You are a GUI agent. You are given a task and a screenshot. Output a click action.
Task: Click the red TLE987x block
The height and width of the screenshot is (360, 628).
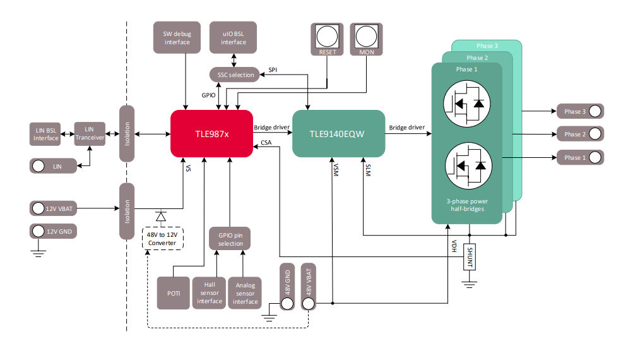tap(211, 133)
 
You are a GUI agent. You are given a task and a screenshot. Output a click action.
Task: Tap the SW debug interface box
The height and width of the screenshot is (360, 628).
tap(177, 37)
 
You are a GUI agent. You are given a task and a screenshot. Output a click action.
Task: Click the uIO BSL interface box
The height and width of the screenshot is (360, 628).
tap(234, 37)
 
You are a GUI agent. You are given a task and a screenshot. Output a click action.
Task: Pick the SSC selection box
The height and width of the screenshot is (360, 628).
tap(234, 75)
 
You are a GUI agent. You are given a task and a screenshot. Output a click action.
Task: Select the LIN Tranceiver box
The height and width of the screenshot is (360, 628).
tap(89, 134)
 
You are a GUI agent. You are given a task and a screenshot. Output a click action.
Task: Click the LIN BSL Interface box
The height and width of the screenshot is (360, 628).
tap(46, 134)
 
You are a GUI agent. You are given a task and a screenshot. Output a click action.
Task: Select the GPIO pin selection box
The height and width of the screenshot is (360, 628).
tap(230, 239)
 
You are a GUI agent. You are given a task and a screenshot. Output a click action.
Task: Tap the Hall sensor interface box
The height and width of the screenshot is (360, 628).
tap(210, 292)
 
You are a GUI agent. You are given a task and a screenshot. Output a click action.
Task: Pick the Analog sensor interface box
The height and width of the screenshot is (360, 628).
tap(246, 292)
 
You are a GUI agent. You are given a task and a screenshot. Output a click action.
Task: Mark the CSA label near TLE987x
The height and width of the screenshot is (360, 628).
tap(266, 143)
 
